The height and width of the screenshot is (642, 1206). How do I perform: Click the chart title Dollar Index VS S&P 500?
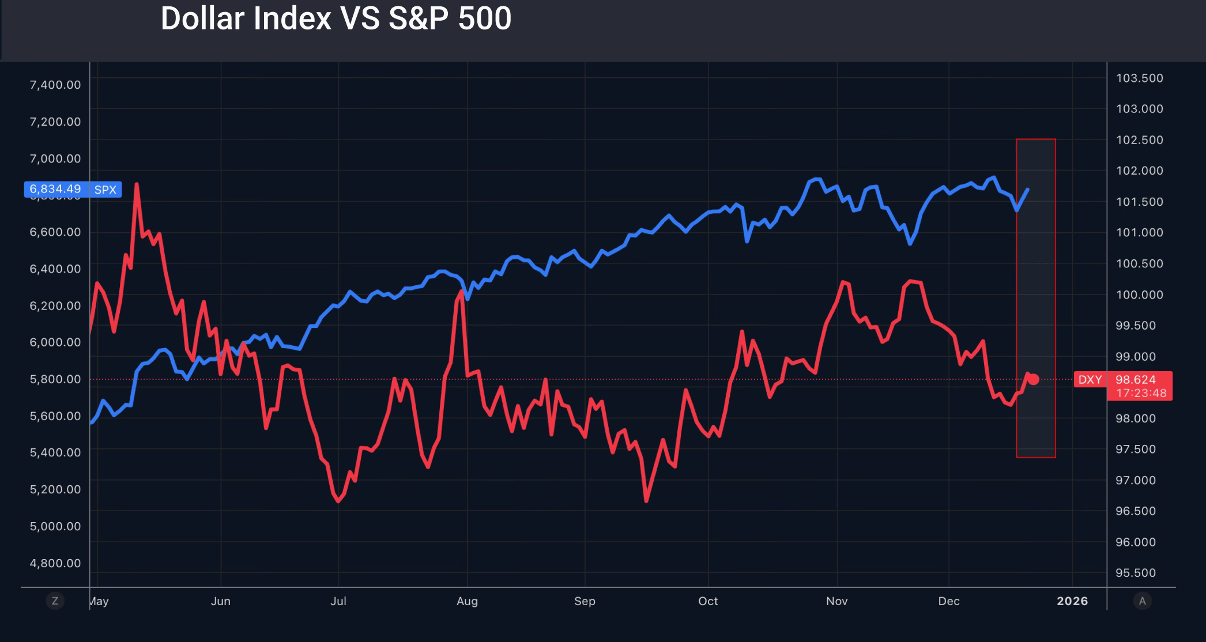(336, 18)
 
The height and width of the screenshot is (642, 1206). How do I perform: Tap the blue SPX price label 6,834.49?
(55, 189)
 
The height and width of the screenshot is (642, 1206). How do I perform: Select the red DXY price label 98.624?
(1135, 379)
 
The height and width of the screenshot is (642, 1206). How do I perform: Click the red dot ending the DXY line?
(1034, 379)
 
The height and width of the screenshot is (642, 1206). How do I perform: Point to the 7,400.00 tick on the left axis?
(55, 85)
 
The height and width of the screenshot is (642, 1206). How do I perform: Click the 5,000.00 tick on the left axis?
(55, 526)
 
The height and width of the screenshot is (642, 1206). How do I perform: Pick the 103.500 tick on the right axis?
(1139, 78)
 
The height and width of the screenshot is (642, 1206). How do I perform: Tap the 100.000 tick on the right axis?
(1139, 294)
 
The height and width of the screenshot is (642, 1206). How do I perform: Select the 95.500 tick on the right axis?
(1135, 573)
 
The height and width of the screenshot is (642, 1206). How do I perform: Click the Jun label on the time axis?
(221, 601)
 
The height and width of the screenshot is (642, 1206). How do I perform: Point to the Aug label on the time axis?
(467, 601)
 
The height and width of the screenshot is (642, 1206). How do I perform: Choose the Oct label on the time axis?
(708, 601)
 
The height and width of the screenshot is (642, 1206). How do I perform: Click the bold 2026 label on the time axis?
(1072, 601)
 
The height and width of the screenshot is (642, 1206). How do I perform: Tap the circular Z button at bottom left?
(55, 601)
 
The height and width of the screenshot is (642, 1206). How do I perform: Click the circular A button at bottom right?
(1142, 601)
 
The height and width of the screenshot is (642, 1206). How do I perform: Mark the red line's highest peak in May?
(137, 185)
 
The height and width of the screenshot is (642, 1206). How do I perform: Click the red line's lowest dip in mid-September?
(646, 500)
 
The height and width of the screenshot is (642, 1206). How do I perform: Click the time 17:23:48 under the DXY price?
(1141, 393)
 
